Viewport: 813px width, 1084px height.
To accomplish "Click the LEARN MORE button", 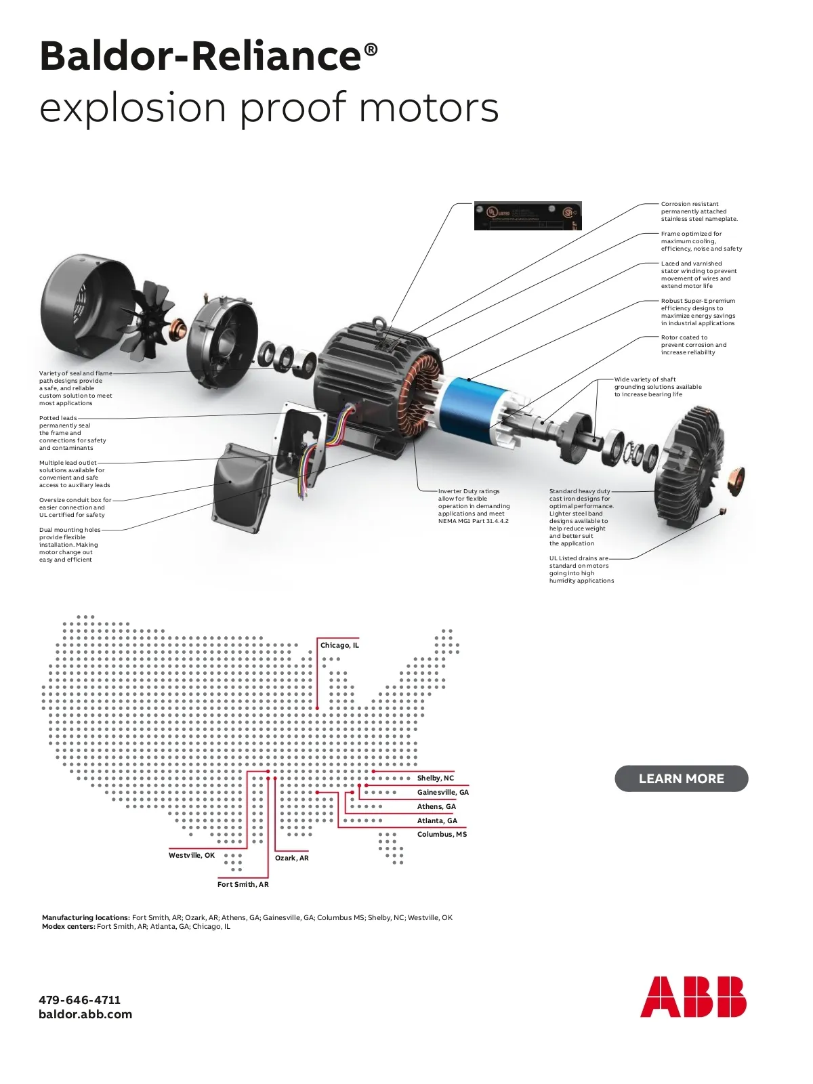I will click(x=681, y=778).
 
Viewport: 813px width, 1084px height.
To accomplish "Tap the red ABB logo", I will click(x=692, y=997).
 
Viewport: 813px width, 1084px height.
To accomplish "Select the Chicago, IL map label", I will click(x=339, y=645).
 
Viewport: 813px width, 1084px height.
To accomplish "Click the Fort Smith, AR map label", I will click(x=243, y=884).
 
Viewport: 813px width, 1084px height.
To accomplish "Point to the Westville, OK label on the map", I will click(x=192, y=855).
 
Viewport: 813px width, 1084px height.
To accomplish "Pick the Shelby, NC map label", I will click(x=436, y=778).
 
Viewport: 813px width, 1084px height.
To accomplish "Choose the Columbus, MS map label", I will click(x=442, y=834).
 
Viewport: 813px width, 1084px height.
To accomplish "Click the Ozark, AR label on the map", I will click(x=292, y=858).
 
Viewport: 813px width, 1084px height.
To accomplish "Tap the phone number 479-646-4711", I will click(x=80, y=999).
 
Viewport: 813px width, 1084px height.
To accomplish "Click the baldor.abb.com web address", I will click(x=85, y=1014).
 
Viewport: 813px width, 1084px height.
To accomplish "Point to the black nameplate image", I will click(x=528, y=216).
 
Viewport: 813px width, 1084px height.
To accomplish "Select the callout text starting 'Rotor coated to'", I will click(x=693, y=345).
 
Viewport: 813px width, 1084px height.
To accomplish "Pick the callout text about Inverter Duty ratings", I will click(x=473, y=506).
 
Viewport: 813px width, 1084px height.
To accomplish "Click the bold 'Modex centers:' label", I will click(x=68, y=926).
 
